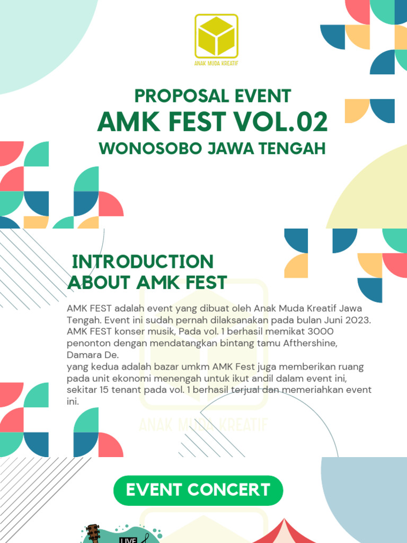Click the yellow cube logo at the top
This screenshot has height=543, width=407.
click(x=216, y=36)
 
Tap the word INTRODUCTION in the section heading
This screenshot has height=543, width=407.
click(x=143, y=261)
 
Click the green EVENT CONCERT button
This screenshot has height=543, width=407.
click(x=198, y=490)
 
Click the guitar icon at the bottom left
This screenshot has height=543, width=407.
click(x=93, y=533)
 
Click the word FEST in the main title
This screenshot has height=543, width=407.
click(x=198, y=122)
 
